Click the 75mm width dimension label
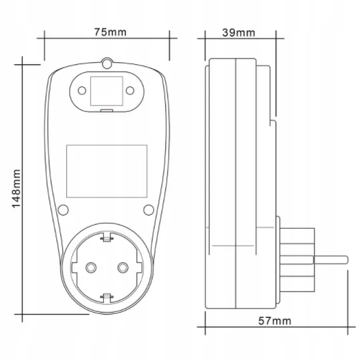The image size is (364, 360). click(110, 32)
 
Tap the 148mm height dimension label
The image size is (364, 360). click(16, 189)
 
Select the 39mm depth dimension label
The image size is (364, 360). click(239, 33)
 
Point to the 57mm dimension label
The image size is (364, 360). click(274, 321)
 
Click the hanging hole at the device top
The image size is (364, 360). click(107, 64)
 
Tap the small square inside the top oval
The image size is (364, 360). click(106, 91)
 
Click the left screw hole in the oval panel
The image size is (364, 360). click(82, 90)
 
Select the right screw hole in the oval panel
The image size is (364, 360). click(130, 90)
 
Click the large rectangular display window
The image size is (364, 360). click(107, 171)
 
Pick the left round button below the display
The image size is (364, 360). click(63, 210)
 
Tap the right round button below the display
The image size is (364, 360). click(149, 210)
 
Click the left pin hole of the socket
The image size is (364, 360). click(91, 268)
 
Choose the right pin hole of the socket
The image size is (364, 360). click(123, 268)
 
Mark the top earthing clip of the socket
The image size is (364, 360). click(106, 238)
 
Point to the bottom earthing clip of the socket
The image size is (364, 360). click(106, 298)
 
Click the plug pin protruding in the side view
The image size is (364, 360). click(331, 260)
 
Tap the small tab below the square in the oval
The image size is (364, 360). click(106, 110)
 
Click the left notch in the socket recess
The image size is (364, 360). click(74, 268)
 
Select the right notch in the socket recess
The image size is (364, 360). click(140, 268)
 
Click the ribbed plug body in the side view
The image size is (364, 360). click(297, 260)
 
